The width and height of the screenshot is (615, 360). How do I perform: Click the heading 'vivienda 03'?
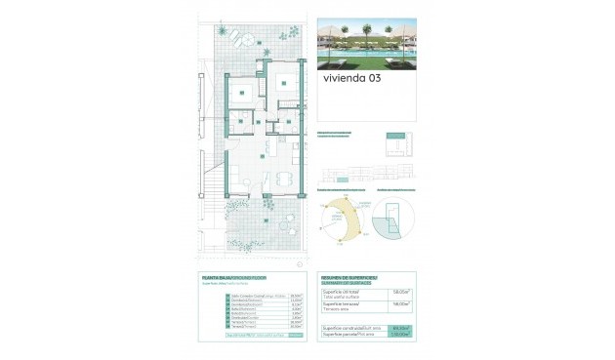349,81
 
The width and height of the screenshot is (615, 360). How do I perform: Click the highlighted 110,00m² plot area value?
398,337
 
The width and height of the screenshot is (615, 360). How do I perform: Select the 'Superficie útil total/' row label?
344,291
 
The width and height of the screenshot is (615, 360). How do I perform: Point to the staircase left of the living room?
210,181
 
